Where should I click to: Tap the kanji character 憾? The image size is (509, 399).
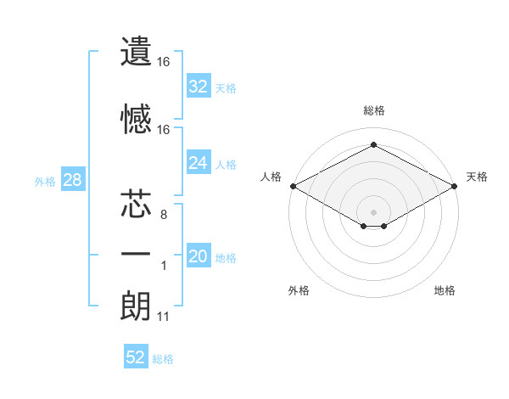coord(136,120)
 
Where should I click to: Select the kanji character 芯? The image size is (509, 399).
coord(136,205)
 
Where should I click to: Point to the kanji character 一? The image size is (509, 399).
coord(136,256)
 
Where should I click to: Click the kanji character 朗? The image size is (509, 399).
coord(136,306)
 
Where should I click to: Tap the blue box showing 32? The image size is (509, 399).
coord(199,86)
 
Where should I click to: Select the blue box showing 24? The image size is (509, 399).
coord(199,163)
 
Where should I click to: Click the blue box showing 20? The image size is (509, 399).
coord(199,257)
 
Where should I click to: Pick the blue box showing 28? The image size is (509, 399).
coord(71,181)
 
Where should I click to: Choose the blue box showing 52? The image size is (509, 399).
coord(136,357)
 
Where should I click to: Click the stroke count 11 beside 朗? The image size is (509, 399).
coord(164,318)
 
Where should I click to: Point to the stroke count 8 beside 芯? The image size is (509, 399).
coord(164,216)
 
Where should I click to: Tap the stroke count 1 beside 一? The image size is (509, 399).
coord(164,267)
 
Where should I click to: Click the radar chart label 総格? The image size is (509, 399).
coord(373,110)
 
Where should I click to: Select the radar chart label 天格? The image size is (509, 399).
coord(478,177)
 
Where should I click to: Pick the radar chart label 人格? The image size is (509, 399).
coord(271,177)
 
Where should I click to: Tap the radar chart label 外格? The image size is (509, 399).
coord(299,290)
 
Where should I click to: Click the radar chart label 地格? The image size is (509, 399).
coord(445,290)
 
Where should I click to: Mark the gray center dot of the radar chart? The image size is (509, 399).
coord(373,211)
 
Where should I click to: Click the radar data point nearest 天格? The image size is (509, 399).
coord(455,186)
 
